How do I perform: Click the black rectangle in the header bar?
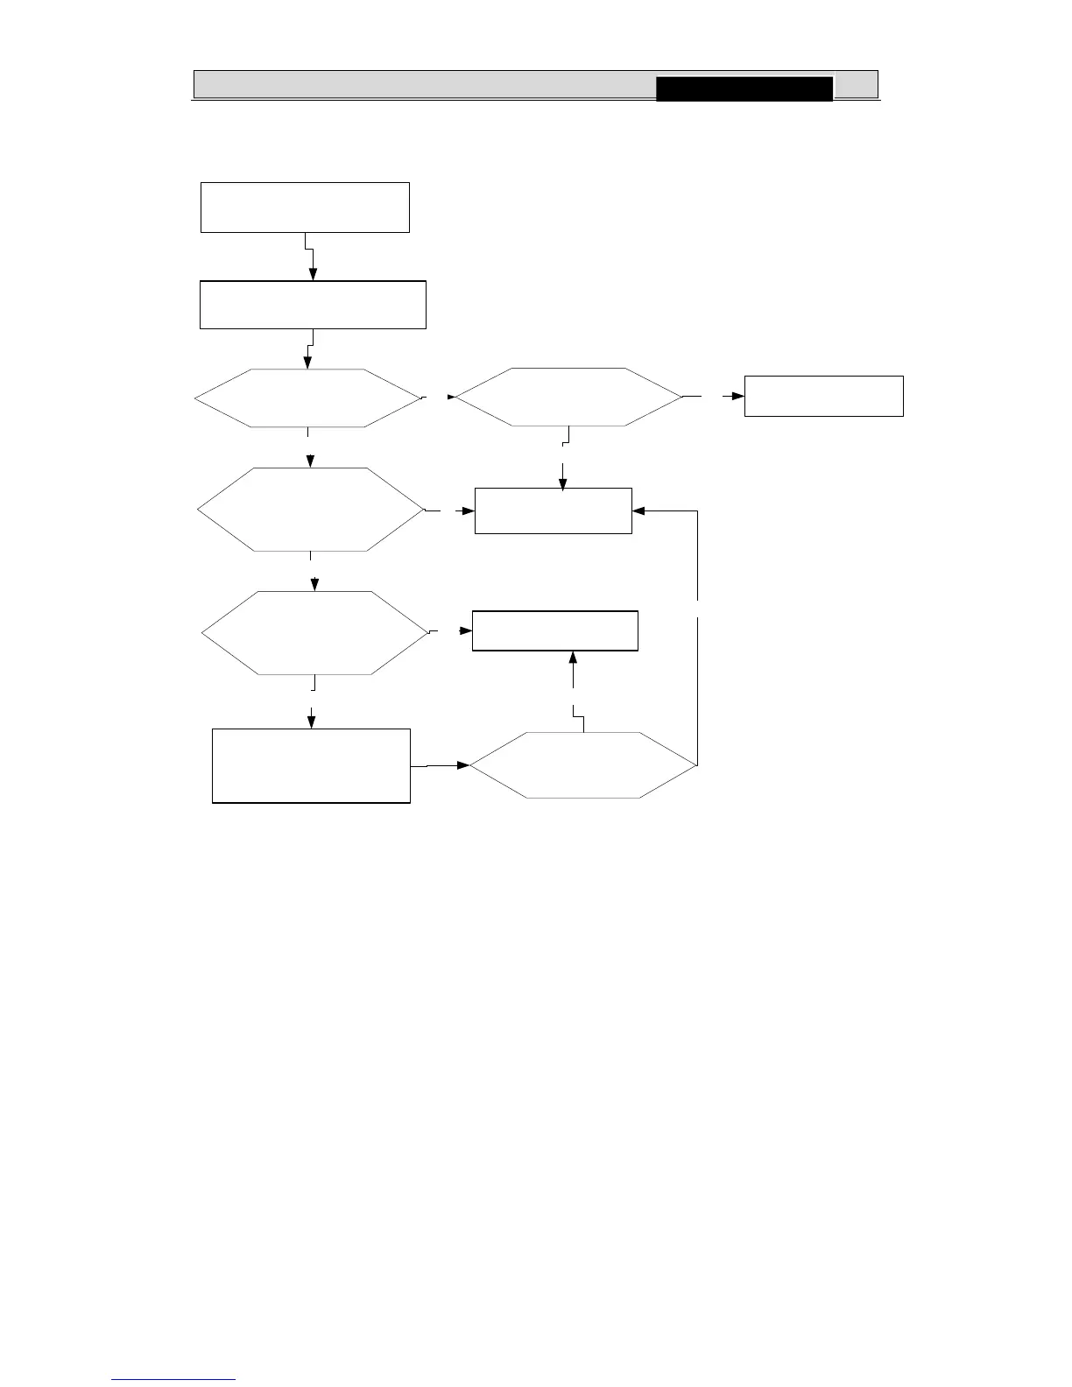coord(744,89)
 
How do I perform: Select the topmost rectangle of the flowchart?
coord(305,208)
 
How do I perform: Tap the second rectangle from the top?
coord(313,305)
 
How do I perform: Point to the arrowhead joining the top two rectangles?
coord(313,275)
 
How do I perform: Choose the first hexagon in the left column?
coord(307,398)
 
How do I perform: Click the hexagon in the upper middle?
coord(568,398)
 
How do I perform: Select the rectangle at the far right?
coord(823,396)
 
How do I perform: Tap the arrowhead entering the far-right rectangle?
coord(738,396)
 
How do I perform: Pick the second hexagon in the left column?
coord(310,510)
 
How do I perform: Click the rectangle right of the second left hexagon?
coord(553,510)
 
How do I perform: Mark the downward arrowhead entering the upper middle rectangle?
coord(562,482)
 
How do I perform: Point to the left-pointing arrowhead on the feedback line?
coord(638,510)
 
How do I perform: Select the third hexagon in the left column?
coord(314,632)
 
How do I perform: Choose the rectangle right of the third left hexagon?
coord(554,631)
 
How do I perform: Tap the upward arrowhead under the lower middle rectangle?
coord(573,657)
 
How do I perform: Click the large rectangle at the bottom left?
coord(311,765)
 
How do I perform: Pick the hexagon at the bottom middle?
coord(583,765)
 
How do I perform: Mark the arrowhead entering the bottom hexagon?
coord(463,765)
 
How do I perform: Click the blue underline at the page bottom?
coord(174,1379)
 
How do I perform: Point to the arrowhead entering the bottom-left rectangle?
coord(311,722)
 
